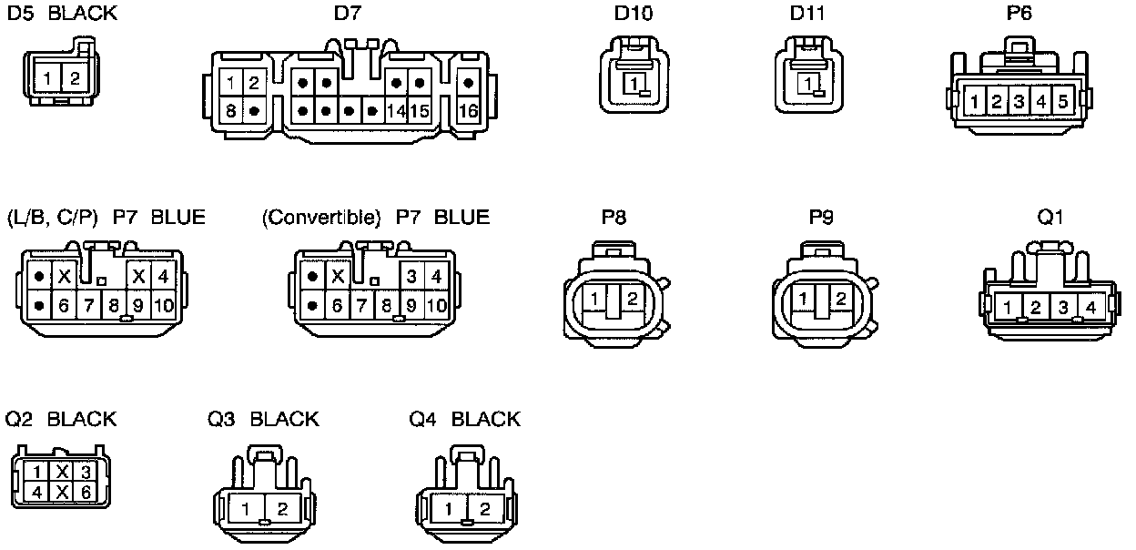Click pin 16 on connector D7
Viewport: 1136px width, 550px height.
pyautogui.click(x=469, y=110)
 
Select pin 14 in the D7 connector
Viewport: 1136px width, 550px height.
pyautogui.click(x=396, y=110)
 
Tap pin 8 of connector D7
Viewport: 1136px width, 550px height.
pyautogui.click(x=232, y=110)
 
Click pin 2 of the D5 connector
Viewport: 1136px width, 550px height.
pyautogui.click(x=75, y=78)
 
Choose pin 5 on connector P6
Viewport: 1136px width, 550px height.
pyautogui.click(x=1062, y=100)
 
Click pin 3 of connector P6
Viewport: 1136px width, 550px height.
pyautogui.click(x=1019, y=100)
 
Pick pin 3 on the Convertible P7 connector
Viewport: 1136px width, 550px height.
pyautogui.click(x=411, y=275)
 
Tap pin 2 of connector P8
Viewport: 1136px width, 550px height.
pyautogui.click(x=633, y=298)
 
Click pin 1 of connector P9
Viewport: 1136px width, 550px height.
pyautogui.click(x=803, y=298)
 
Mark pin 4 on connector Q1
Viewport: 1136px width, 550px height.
pyautogui.click(x=1090, y=307)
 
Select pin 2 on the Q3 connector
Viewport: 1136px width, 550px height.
pyautogui.click(x=282, y=509)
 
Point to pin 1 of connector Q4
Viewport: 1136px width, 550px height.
pyautogui.click(x=450, y=509)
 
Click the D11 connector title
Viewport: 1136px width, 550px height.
pyautogui.click(x=808, y=15)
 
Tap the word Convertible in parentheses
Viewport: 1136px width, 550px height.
pyautogui.click(x=320, y=217)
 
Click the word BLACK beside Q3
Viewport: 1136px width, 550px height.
pyautogui.click(x=284, y=419)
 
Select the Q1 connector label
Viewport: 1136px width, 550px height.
pyautogui.click(x=1050, y=217)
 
